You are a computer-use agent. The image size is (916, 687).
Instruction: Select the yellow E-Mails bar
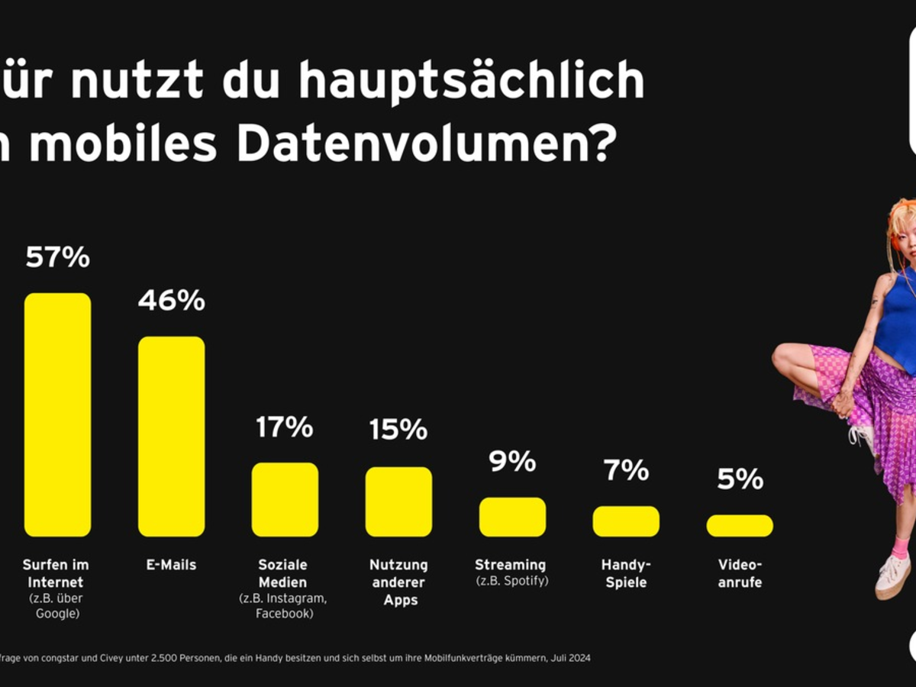coord(171,436)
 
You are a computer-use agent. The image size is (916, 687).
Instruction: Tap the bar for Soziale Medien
coord(285,499)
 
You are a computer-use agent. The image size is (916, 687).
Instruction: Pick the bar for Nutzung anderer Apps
coord(398,502)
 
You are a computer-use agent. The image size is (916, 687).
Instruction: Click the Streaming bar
coord(512,517)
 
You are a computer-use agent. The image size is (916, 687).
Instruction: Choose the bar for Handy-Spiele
coord(626,521)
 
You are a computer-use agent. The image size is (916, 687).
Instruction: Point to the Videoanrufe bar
coord(740,525)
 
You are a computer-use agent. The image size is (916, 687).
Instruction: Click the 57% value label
coord(57,257)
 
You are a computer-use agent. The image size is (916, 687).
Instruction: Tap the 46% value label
coord(171,301)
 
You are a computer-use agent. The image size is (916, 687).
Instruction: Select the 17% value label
coord(285,427)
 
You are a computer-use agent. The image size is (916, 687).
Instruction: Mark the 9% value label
coord(512,461)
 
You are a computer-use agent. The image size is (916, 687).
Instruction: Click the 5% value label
coord(740,479)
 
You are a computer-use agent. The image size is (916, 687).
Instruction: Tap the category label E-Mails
coord(171,565)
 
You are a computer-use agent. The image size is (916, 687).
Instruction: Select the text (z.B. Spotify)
coord(512,581)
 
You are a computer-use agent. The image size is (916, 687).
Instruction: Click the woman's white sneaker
coord(892,574)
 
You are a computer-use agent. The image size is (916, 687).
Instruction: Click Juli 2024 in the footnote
coord(569,657)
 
